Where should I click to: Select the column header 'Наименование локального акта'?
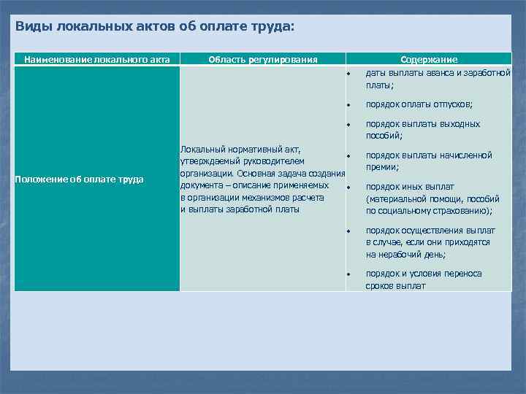point(96,59)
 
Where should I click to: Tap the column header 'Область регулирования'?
point(263,59)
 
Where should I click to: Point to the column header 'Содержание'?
point(429,59)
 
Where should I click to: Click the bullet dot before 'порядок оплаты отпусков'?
point(350,105)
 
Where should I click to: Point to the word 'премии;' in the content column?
point(383,167)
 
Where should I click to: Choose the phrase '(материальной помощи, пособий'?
point(432,198)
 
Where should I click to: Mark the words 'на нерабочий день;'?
point(406,255)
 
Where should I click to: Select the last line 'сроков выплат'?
point(395,286)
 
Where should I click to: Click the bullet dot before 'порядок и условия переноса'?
point(350,274)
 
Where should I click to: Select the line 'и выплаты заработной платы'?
point(240,209)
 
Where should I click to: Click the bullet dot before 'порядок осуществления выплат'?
point(350,231)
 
